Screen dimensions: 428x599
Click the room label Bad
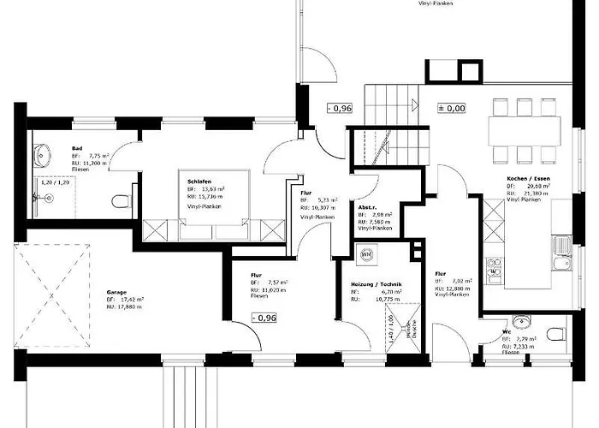(77, 148)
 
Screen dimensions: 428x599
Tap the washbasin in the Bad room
(44, 157)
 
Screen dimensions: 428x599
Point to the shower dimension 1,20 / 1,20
(53, 183)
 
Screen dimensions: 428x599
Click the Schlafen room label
(195, 181)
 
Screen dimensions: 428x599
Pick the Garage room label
(117, 292)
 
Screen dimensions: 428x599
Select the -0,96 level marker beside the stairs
(341, 109)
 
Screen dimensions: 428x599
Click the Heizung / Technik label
(377, 284)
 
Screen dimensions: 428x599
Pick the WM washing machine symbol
(368, 254)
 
